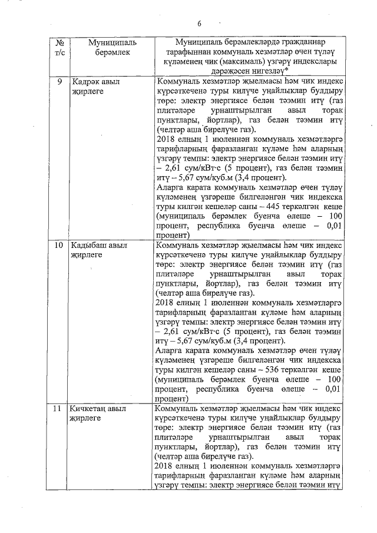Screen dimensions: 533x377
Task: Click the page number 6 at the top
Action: pyautogui.click(x=199, y=24)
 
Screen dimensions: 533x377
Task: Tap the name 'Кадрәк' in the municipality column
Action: pyautogui.click(x=85, y=82)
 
